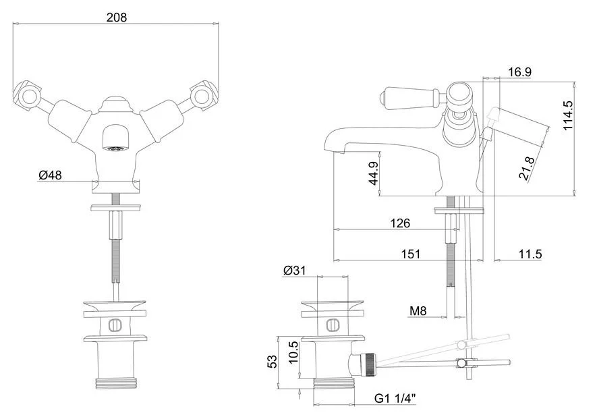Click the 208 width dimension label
[x=117, y=17]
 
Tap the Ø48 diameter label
[x=50, y=175]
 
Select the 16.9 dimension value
[x=519, y=72]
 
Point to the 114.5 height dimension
[x=568, y=115]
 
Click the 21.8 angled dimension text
[x=527, y=168]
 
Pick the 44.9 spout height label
[x=374, y=173]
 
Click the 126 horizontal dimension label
[x=400, y=223]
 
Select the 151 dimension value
[x=410, y=254]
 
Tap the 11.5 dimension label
[x=530, y=254]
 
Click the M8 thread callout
[x=418, y=311]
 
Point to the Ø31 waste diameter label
[x=294, y=271]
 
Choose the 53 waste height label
[x=273, y=362]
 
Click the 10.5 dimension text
[x=293, y=352]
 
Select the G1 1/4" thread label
[x=395, y=399]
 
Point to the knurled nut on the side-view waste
[x=368, y=365]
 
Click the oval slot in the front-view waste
[x=115, y=325]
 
